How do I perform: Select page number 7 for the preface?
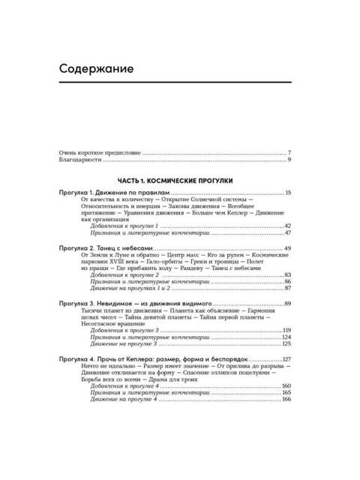point(289,152)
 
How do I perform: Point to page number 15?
point(287,193)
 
